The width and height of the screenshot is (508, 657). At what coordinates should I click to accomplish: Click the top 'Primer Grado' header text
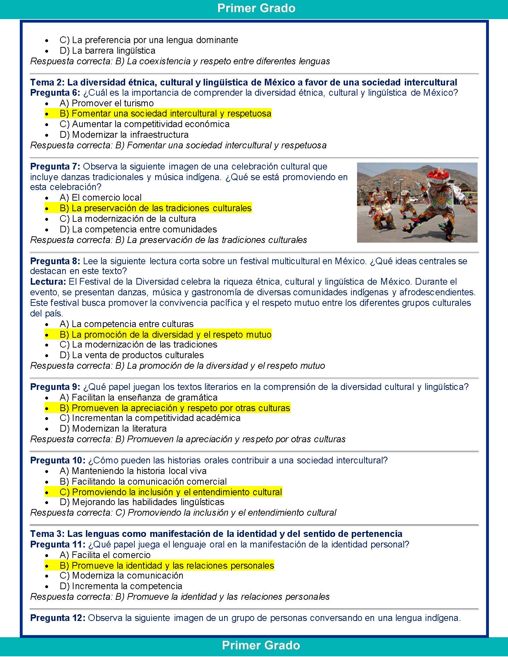256,8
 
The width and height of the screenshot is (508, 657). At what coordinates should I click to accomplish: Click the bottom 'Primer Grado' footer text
261,645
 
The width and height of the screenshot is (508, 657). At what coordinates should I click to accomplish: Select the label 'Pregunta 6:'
55,93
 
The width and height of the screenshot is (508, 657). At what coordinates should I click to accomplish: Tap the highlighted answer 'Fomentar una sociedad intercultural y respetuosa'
165,114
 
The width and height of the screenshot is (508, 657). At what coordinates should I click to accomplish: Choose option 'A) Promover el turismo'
107,103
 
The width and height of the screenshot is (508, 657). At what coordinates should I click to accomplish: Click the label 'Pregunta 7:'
55,166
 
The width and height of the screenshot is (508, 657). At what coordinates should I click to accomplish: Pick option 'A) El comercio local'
101,198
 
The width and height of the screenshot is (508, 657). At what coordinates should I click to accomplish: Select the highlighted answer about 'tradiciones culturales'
156,208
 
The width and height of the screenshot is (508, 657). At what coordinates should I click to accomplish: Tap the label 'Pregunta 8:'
55,261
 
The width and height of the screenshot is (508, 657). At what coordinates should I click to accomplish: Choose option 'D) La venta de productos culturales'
132,355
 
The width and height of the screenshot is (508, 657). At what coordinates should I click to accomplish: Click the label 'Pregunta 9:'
55,387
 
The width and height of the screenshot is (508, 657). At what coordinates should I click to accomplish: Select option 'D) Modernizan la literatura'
113,429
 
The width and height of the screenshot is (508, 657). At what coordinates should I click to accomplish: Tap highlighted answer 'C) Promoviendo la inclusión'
171,492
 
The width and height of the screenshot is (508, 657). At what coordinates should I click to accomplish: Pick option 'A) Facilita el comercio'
105,555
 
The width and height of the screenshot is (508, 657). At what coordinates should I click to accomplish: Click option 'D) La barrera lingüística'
107,51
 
